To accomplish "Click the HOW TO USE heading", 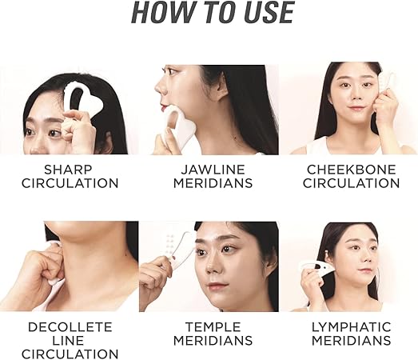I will (x=212, y=14).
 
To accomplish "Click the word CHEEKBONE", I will (x=352, y=170).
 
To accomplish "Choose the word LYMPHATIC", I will (x=352, y=326).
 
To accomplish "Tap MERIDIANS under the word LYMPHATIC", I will (x=352, y=340).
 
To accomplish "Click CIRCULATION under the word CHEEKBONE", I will (x=352, y=183).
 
